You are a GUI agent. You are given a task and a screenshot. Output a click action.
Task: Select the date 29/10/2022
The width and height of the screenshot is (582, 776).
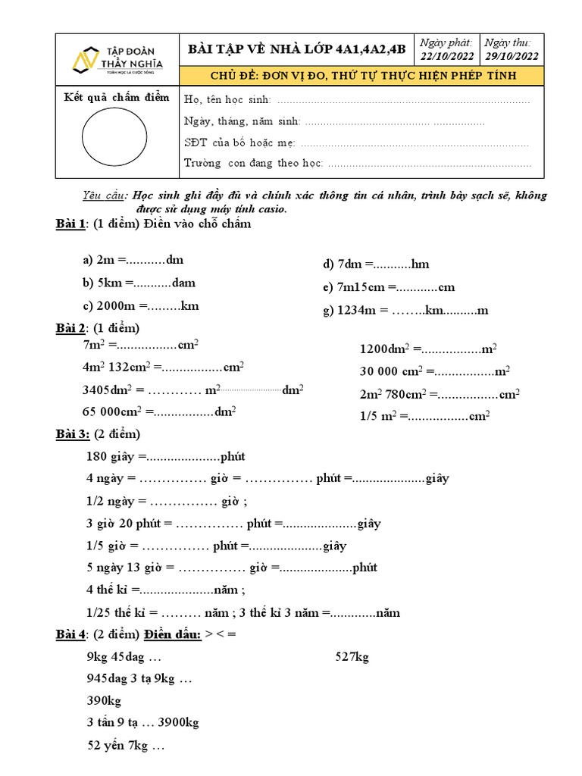coord(511,56)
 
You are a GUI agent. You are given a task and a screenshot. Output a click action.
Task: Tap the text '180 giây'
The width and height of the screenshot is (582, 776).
coord(111,457)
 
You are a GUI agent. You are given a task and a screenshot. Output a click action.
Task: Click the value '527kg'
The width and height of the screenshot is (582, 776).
coord(352,657)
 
